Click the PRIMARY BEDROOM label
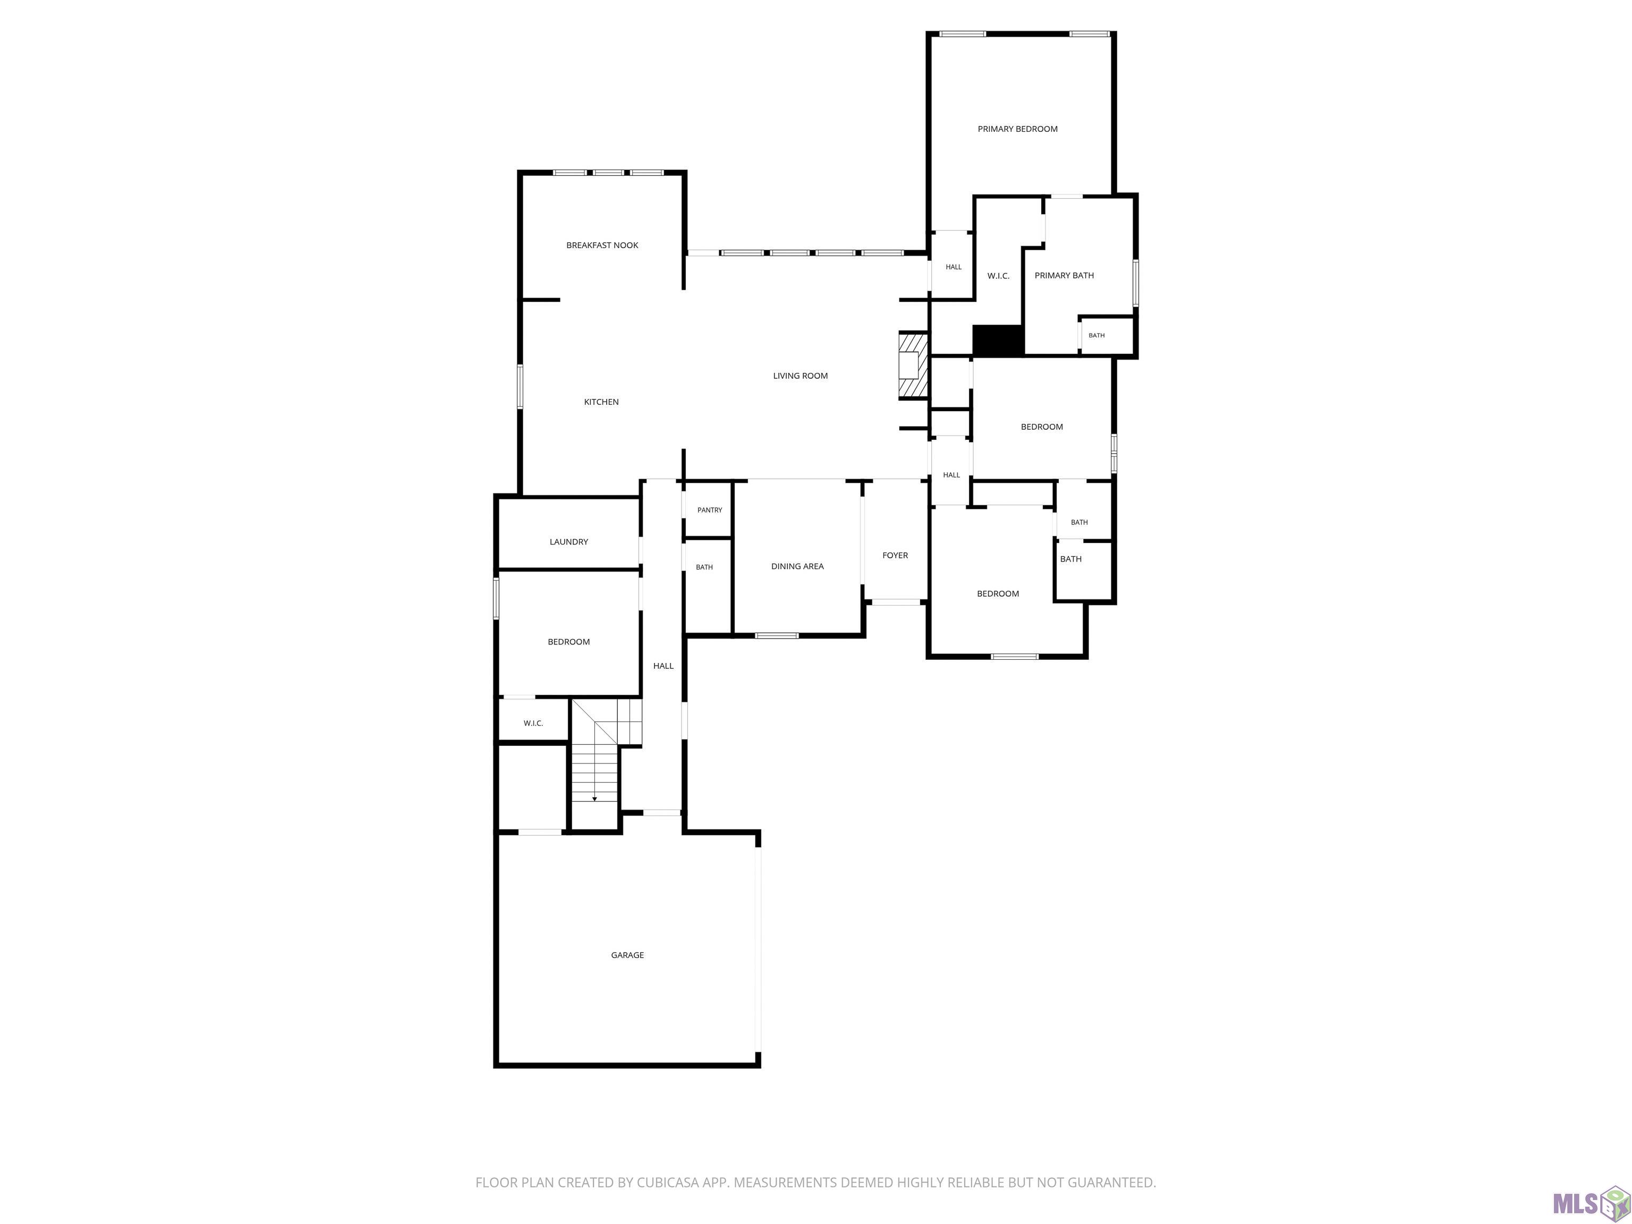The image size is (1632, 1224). point(1017,129)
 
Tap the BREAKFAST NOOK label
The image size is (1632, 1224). point(602,245)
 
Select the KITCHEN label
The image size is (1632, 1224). point(601,402)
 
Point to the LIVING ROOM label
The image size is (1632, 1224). point(801,376)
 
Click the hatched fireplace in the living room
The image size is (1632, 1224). point(912,366)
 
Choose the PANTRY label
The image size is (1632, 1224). point(710,511)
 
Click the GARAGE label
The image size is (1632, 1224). point(627,955)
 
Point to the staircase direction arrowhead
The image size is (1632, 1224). point(594,799)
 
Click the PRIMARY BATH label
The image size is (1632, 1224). point(1064,276)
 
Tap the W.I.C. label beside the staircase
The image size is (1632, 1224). point(533,724)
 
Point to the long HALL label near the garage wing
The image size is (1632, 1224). point(664,666)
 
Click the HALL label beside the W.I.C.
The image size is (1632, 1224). point(953,268)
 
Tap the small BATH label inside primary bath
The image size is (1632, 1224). point(1097,336)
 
